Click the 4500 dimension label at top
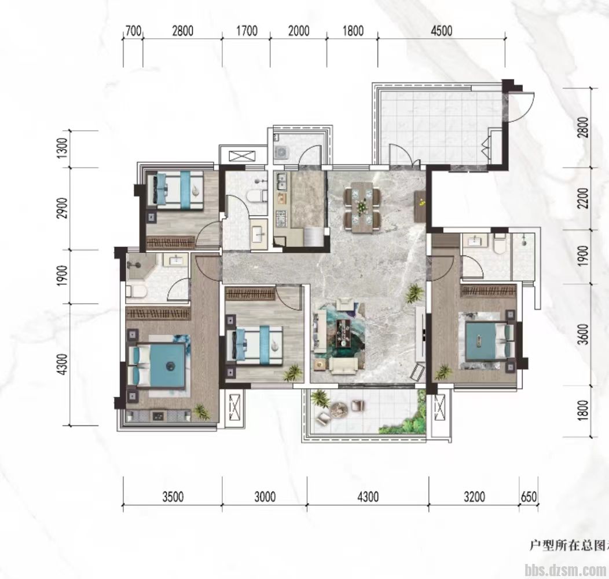point(442,31)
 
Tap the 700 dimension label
point(133,31)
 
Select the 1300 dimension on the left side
point(63,148)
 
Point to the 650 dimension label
point(529,497)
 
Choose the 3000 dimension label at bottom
point(265,497)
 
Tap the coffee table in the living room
point(343,333)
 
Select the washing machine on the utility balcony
point(280,152)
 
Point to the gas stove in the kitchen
point(280,219)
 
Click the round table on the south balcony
point(339,409)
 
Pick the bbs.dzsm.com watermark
point(565,570)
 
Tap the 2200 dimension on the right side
point(583,198)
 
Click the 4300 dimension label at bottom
point(368,497)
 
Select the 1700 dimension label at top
point(247,31)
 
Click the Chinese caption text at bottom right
point(569,545)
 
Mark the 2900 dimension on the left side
point(63,208)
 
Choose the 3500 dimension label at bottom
point(173,497)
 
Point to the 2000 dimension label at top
point(299,31)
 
